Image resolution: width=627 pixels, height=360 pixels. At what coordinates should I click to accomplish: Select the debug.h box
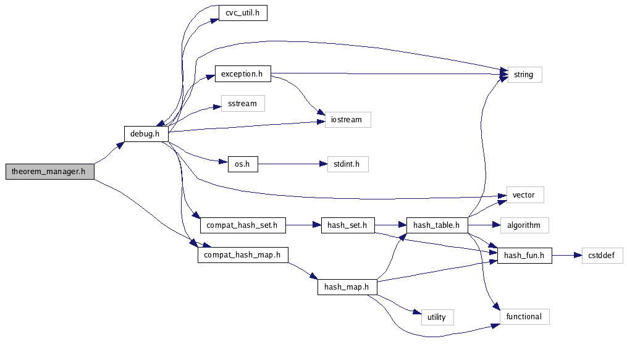146,133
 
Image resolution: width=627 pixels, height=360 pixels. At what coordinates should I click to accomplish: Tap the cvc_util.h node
243,13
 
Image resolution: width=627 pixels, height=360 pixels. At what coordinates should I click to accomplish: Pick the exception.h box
242,74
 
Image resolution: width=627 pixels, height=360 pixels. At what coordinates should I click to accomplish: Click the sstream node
243,103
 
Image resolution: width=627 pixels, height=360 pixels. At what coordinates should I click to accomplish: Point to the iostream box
348,120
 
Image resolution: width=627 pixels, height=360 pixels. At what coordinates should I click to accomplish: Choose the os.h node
238,164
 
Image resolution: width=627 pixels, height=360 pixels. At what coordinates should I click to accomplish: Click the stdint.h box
348,164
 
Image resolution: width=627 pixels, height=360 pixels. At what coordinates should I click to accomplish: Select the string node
524,75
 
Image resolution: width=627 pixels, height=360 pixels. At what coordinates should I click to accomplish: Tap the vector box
524,195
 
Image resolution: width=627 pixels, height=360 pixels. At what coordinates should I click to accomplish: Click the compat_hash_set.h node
243,225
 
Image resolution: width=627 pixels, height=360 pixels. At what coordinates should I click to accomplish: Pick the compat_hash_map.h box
243,254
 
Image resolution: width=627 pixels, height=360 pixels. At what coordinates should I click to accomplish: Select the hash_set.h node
348,225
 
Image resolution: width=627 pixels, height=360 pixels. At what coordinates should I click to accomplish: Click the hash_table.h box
437,225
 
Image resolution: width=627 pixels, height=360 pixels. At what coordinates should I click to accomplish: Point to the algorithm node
524,225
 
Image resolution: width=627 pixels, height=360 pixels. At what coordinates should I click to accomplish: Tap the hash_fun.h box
524,255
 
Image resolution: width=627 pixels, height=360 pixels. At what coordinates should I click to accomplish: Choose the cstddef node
602,255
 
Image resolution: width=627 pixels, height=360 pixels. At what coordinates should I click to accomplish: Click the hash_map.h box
347,287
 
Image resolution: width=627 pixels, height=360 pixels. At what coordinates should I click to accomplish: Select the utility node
437,317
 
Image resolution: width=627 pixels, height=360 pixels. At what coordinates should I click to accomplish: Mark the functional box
524,317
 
